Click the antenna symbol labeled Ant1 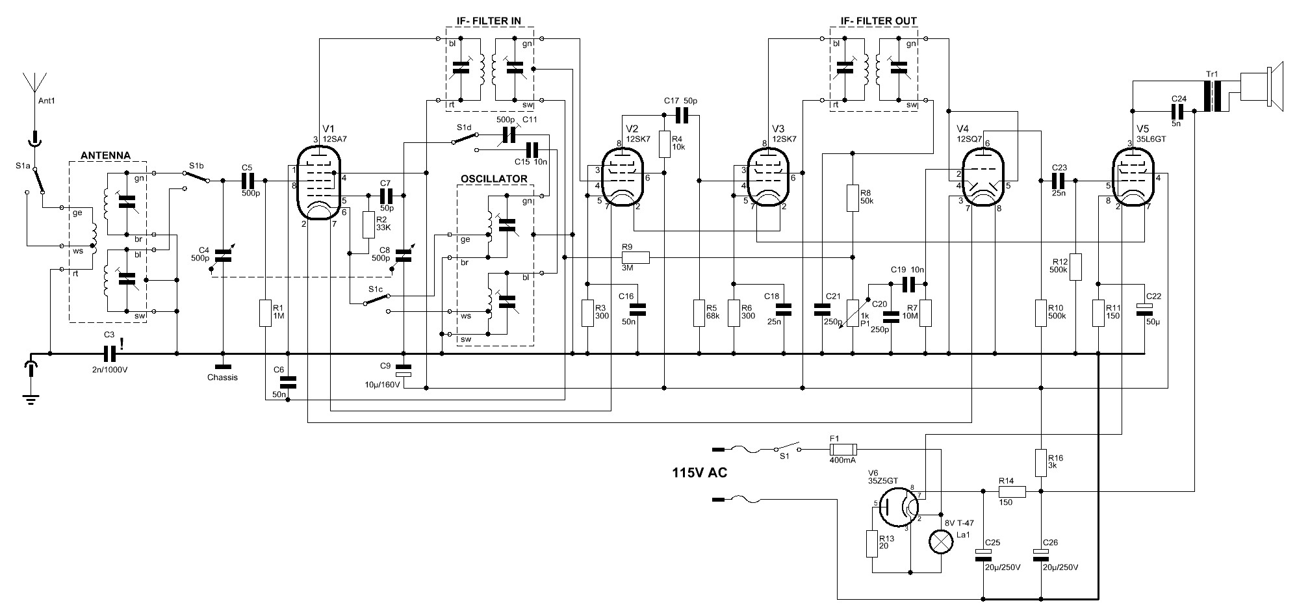pyautogui.click(x=34, y=84)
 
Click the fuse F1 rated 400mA pyautogui.click(x=843, y=449)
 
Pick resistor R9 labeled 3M pyautogui.click(x=627, y=258)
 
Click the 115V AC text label pyautogui.click(x=699, y=473)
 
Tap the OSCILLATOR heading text pyautogui.click(x=494, y=179)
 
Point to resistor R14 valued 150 pyautogui.click(x=1012, y=492)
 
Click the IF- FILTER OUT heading pyautogui.click(x=879, y=21)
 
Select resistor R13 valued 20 pyautogui.click(x=871, y=543)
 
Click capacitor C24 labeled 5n pyautogui.click(x=1179, y=113)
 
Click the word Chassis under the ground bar pyautogui.click(x=222, y=378)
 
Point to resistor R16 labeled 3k pyautogui.click(x=1041, y=463)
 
